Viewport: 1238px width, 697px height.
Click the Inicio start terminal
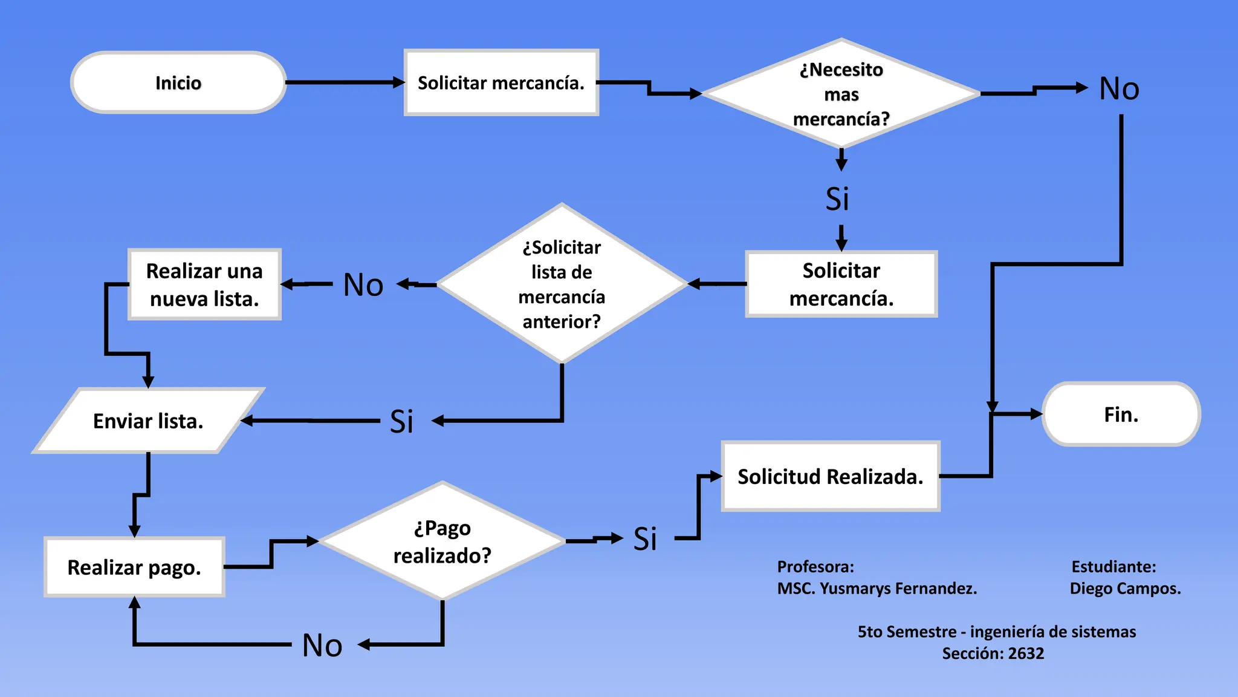[x=178, y=82]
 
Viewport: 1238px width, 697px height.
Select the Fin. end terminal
[x=1121, y=414]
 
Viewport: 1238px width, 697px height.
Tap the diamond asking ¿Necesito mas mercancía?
[x=841, y=94]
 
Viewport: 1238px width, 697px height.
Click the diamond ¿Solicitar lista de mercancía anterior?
[x=562, y=284]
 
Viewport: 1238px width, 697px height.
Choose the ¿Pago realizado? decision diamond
[x=442, y=541]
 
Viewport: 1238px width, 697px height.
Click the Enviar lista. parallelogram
[x=148, y=420]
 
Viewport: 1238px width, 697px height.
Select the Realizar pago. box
[x=134, y=567]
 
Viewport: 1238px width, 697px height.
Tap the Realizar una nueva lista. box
[x=204, y=284]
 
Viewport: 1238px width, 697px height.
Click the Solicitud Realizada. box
[x=830, y=476]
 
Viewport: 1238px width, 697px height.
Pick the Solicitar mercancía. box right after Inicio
[x=501, y=82]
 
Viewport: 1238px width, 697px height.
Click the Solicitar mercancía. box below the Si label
[x=841, y=284]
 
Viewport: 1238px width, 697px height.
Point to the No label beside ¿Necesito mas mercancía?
[x=1119, y=89]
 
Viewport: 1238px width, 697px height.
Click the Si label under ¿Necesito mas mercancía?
[x=837, y=198]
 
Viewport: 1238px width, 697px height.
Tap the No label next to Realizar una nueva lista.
[x=363, y=284]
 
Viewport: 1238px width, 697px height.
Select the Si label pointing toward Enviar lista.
[x=401, y=421]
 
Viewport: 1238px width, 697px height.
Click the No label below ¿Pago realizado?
[x=322, y=645]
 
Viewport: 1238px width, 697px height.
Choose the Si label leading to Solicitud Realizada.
[x=645, y=538]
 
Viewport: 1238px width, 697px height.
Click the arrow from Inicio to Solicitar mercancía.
[x=345, y=82]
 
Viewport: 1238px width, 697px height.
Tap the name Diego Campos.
[x=1125, y=588]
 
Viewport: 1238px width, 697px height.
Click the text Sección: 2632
[x=993, y=653]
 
